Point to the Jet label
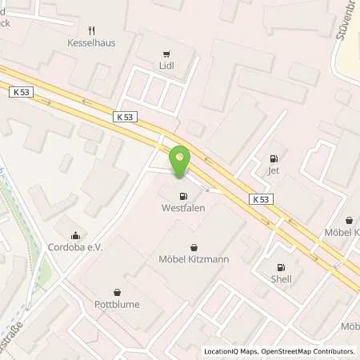[274, 170]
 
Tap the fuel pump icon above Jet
[274, 157]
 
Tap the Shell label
[281, 279]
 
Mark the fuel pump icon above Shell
[281, 267]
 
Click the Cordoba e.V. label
[76, 248]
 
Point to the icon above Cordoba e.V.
[75, 235]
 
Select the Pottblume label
[119, 305]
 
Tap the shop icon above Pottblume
[119, 292]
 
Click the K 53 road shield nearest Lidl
[125, 117]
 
